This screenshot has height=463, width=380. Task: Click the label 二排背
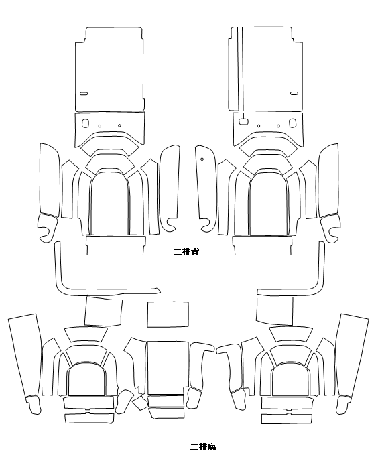click(186, 252)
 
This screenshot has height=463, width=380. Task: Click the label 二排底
click(203, 446)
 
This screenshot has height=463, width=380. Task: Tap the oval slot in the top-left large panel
click(84, 94)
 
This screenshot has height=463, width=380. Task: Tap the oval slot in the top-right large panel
click(294, 94)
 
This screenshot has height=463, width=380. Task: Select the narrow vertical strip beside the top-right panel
click(233, 69)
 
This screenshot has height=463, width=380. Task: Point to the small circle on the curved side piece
click(202, 159)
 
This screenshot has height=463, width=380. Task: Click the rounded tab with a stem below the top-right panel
click(243, 121)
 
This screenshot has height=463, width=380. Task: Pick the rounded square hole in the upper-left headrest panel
click(84, 123)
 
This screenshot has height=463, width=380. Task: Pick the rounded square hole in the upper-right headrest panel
click(293, 123)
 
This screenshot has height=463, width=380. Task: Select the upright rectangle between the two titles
click(168, 314)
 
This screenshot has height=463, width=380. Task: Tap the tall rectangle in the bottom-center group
click(168, 368)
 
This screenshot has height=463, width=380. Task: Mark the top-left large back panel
click(110, 69)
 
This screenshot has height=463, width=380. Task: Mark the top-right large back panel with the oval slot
click(272, 69)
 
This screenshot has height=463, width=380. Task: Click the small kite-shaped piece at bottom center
click(139, 403)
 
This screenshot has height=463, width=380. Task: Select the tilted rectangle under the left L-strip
click(103, 312)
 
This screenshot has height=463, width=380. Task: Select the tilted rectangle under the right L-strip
click(275, 311)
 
